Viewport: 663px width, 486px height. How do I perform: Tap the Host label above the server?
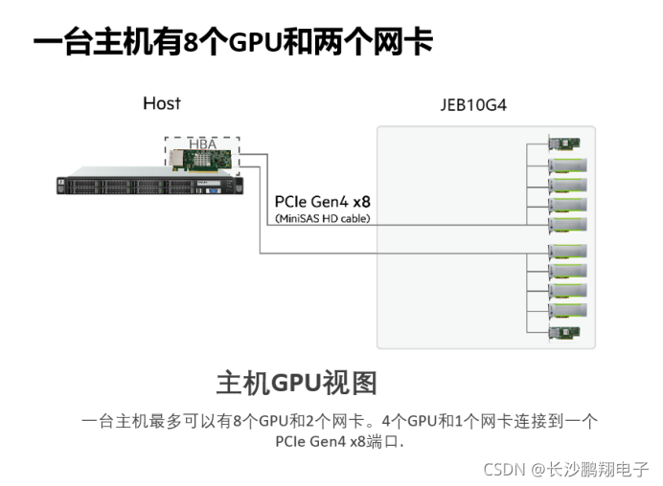tap(161, 102)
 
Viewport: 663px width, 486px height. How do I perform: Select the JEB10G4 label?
tap(472, 104)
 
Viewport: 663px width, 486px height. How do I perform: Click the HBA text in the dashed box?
tap(202, 144)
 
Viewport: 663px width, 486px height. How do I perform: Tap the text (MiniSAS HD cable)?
tap(322, 218)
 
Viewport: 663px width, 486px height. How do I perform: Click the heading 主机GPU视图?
tap(296, 383)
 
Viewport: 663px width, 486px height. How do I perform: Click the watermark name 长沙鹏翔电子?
tap(592, 469)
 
